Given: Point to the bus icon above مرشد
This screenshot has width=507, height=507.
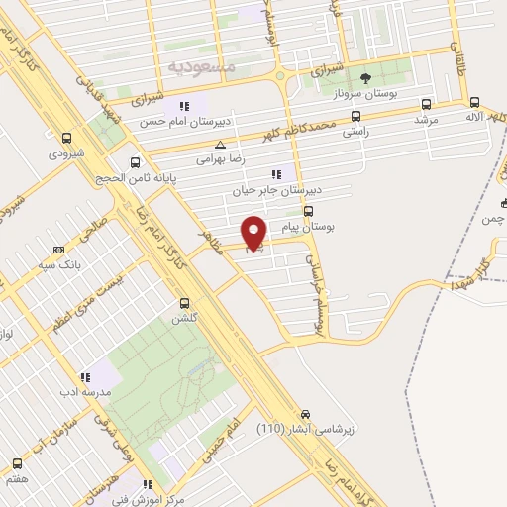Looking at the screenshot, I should pos(426,103).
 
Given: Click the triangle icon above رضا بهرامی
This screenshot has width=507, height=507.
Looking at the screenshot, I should pos(220,144).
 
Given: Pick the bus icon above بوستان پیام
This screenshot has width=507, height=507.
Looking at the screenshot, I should pos(309,211).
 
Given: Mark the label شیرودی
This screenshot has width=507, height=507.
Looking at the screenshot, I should pos(66,153).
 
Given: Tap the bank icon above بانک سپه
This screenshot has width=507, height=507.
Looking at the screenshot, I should pos(58,250).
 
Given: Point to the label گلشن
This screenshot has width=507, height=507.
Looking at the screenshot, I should pos(184,319).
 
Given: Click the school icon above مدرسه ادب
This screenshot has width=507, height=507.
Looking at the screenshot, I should pos(84,376).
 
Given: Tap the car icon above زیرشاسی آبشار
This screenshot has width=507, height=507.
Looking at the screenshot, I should pos(305,414).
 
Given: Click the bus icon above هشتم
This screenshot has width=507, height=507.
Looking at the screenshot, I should pos(17,462).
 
